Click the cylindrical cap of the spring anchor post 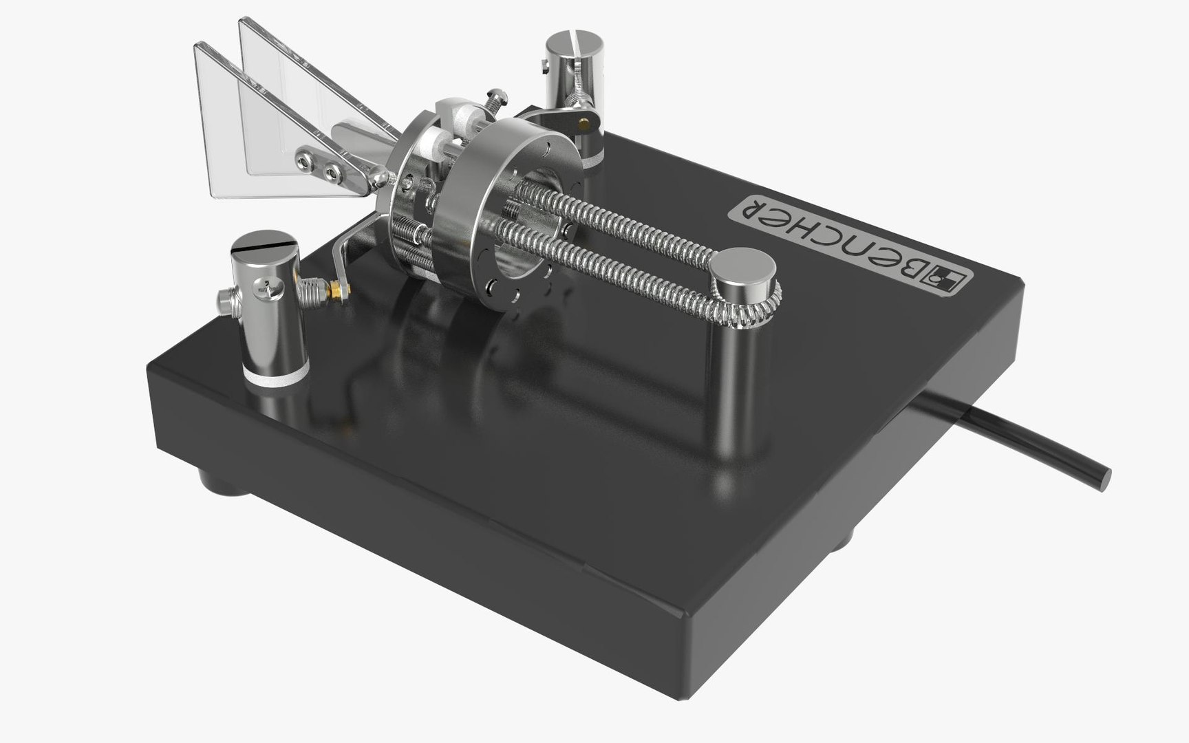743,266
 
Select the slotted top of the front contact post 266,245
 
